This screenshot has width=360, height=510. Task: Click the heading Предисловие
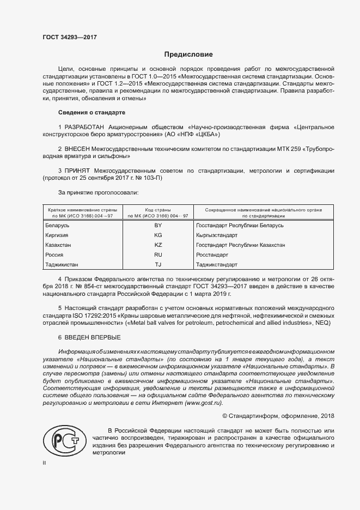click(x=188, y=55)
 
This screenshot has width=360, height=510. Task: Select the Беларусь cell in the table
click(x=57, y=225)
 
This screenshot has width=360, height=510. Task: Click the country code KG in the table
click(x=158, y=235)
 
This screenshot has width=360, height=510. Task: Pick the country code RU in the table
click(x=158, y=254)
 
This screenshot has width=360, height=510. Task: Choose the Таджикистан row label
click(x=63, y=265)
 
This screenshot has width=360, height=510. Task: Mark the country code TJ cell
click(x=158, y=265)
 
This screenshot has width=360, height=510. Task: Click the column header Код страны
click(x=158, y=210)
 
